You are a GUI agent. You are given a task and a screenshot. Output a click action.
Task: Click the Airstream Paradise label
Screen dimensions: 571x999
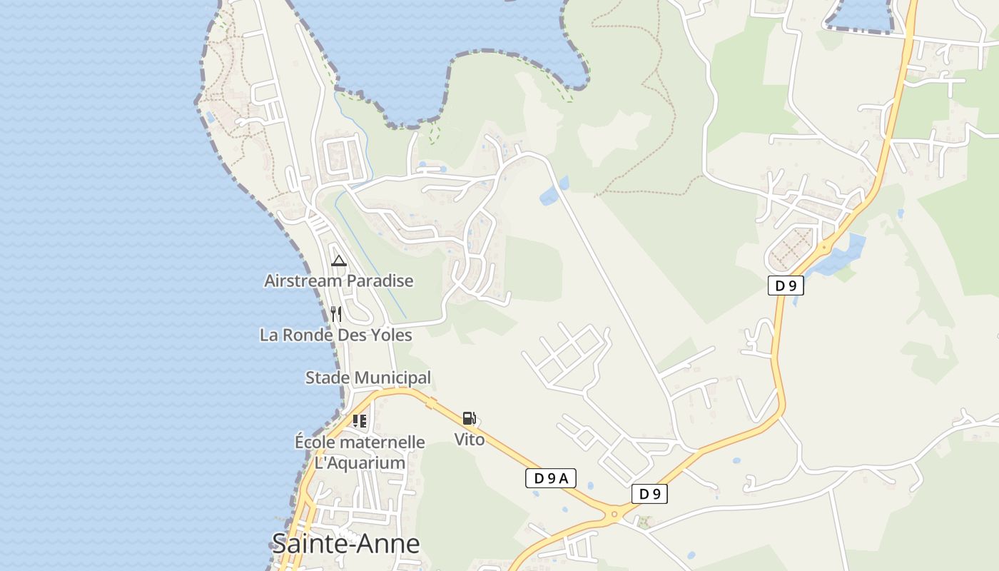[x=338, y=281]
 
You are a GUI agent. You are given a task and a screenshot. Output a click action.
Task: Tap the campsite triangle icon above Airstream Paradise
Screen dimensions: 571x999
[x=339, y=261]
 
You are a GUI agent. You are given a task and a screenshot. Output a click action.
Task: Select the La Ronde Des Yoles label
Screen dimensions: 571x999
[x=335, y=335]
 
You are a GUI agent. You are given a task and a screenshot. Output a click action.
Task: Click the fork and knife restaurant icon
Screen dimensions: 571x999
[x=336, y=313]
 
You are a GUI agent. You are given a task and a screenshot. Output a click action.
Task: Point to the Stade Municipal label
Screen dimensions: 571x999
[x=367, y=378]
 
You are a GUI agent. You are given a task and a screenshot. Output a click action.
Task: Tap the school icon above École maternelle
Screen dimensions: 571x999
[x=360, y=421]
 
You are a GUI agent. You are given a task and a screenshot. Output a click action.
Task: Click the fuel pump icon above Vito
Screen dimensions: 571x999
[x=469, y=418]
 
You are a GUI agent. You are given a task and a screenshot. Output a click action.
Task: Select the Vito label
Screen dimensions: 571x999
[x=470, y=439]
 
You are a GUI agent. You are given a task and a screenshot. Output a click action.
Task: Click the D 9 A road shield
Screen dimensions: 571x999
[x=550, y=478]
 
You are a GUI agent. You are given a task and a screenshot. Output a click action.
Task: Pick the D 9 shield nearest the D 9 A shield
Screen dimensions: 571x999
[x=649, y=494]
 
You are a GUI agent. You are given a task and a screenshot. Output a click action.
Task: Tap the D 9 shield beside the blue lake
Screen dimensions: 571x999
[x=786, y=286]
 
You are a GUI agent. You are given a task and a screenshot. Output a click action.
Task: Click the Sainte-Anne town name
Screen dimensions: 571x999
[x=345, y=544]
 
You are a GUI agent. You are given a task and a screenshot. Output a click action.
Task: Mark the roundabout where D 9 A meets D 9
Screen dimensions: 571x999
[x=614, y=514]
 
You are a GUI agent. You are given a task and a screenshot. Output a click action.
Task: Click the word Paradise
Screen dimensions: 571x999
[x=380, y=281]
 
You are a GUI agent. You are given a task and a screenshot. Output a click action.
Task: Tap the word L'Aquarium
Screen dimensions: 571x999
[x=360, y=463]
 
